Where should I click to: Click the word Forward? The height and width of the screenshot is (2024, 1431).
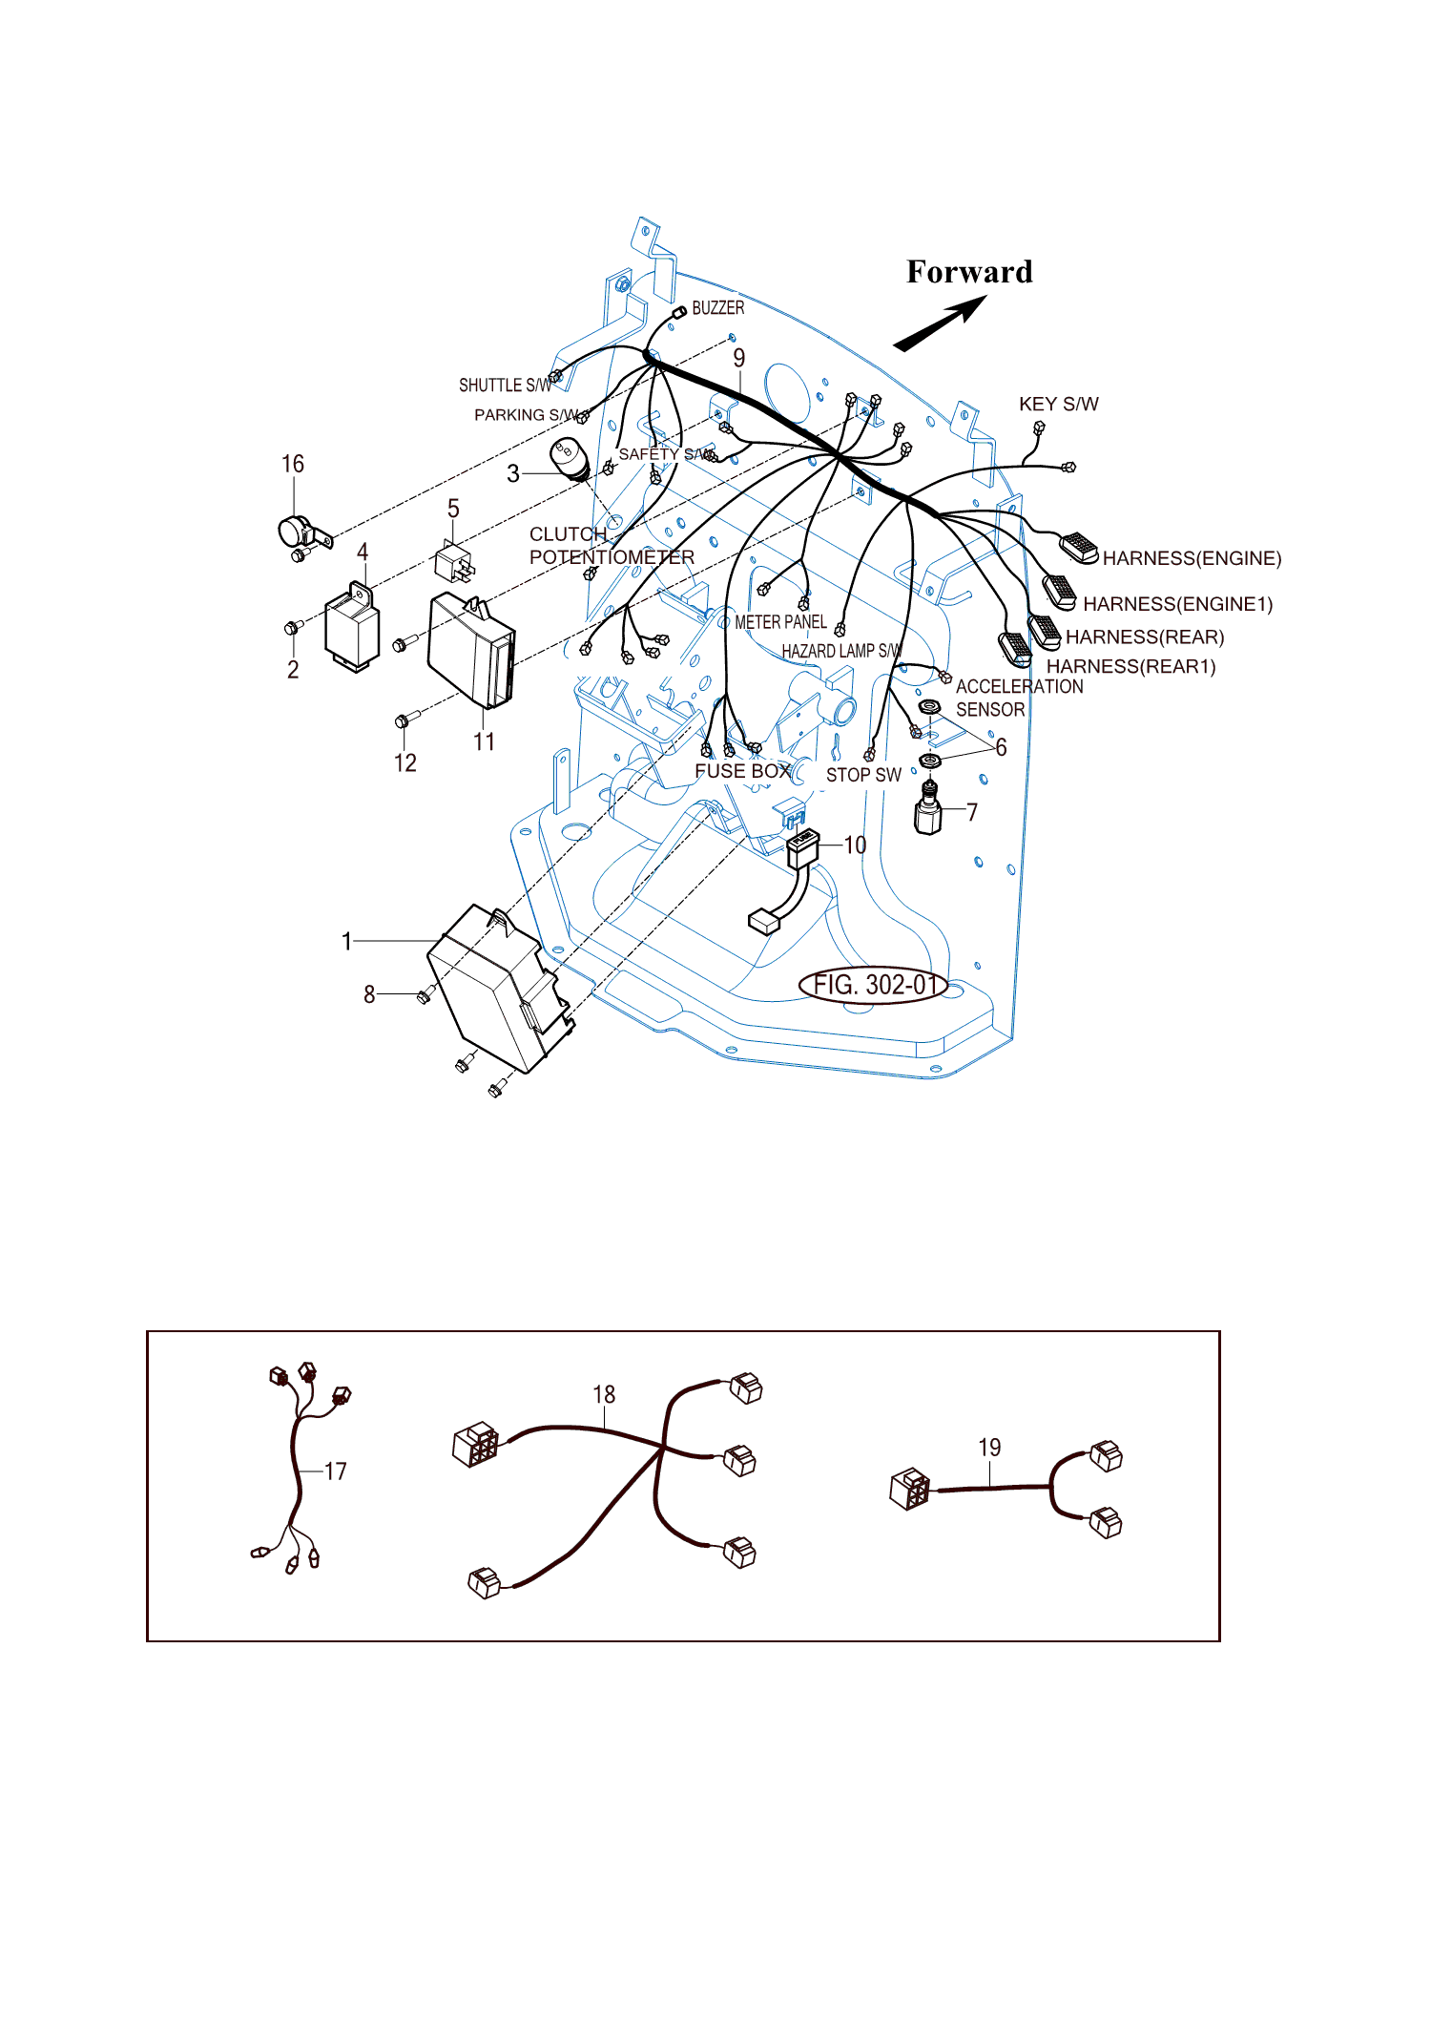point(969,272)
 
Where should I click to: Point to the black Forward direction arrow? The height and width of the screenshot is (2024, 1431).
point(940,323)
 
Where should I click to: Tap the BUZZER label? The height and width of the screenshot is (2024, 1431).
point(717,308)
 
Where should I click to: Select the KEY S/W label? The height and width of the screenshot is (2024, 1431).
point(1059,404)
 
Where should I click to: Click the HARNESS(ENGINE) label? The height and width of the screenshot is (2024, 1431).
point(1192,558)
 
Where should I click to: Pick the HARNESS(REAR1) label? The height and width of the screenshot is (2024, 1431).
point(1131,666)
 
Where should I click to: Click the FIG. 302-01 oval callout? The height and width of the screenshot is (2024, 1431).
point(873,985)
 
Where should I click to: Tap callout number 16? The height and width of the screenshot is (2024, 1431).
point(293,464)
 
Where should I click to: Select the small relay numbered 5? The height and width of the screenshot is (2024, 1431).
point(454,562)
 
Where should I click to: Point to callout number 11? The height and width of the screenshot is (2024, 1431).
point(484,741)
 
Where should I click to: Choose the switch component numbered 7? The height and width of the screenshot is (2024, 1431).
point(928,807)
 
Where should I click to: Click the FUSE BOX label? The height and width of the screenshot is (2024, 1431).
point(743,771)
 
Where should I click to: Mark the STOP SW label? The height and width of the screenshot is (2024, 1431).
point(863,775)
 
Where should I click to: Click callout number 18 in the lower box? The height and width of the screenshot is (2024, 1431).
point(604,1394)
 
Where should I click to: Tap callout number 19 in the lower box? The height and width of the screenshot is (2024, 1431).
point(989,1448)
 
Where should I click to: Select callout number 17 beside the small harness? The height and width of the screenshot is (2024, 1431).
point(335,1471)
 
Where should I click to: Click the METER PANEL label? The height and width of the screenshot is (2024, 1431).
point(780,622)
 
